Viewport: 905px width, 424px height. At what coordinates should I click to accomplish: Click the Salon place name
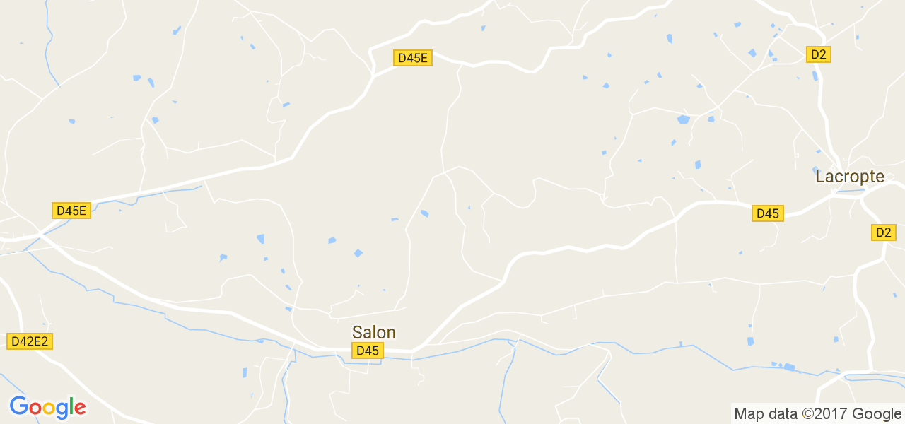(x=374, y=332)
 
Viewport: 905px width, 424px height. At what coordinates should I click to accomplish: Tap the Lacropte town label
(x=850, y=177)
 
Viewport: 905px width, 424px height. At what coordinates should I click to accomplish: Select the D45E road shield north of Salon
(x=413, y=58)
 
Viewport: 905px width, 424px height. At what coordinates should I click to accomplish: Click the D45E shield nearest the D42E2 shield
(x=71, y=210)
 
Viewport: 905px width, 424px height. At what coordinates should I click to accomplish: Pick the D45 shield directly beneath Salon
(x=368, y=351)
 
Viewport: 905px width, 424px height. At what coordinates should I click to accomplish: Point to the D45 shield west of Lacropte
(x=767, y=213)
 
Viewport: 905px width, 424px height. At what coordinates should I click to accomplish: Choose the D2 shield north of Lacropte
(x=819, y=54)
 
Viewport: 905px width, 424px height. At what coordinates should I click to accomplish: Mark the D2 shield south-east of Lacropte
(x=884, y=232)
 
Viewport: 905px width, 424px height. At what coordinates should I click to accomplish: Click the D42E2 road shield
(x=30, y=341)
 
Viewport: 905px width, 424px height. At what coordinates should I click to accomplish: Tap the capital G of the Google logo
(x=18, y=407)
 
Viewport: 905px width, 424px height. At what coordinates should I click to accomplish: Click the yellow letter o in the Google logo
(x=48, y=408)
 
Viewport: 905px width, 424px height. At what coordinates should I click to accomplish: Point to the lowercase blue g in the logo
(x=62, y=410)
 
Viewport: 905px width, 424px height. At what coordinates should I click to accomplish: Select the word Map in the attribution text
(x=748, y=414)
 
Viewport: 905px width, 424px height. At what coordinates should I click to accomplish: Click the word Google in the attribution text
(x=877, y=414)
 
